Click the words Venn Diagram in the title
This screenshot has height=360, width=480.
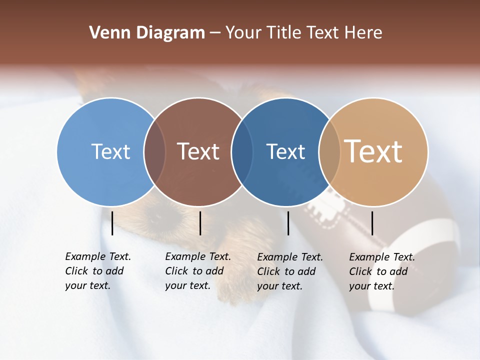pos(146,33)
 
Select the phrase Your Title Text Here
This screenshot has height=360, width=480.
pos(303,33)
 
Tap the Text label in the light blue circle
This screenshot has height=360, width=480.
pos(110,151)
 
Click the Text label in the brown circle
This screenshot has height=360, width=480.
pos(198,151)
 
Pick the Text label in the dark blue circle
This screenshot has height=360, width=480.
pos(285,151)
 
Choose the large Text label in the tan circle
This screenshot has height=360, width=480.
pos(373,151)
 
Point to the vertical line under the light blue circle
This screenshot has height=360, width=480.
pos(112,223)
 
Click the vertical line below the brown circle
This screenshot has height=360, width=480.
pos(200,223)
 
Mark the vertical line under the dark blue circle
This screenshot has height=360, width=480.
pos(288,223)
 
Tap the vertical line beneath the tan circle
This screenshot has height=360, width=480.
pos(372,223)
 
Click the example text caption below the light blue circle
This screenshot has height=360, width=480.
pos(98,271)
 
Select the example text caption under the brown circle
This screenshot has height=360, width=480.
pos(198,271)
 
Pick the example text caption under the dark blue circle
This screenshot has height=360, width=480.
pos(290,271)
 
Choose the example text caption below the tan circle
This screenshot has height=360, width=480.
pos(382,271)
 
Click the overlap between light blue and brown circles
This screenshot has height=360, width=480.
pos(155,152)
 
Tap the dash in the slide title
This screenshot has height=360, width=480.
pos(215,33)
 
